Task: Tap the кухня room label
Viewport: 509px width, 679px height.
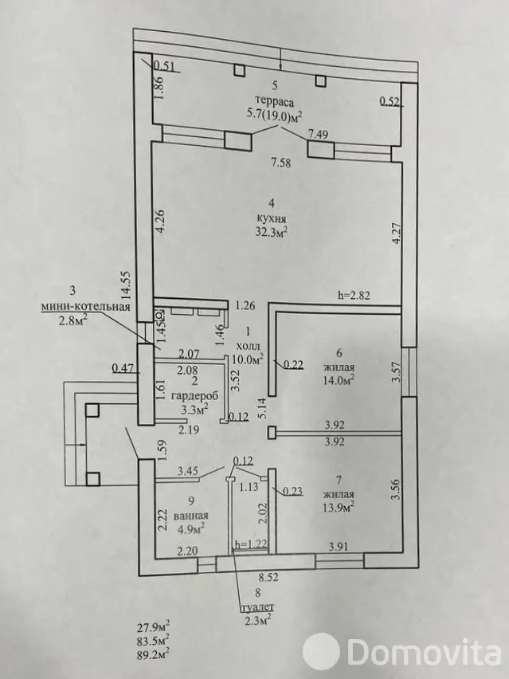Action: [272, 218]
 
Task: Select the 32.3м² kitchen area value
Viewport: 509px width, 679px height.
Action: [272, 232]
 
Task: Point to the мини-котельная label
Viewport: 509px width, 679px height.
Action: [86, 307]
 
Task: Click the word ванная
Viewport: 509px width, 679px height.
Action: [191, 516]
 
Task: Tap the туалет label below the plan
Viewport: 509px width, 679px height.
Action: [258, 606]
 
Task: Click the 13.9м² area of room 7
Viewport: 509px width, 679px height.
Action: [339, 506]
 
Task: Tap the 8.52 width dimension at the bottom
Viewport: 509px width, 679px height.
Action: [268, 577]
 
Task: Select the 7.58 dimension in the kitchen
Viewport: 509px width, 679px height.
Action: [280, 163]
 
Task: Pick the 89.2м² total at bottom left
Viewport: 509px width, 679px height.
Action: [152, 652]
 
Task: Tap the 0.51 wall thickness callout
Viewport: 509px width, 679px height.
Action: [164, 66]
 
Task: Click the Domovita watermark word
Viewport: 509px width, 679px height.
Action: [425, 650]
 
